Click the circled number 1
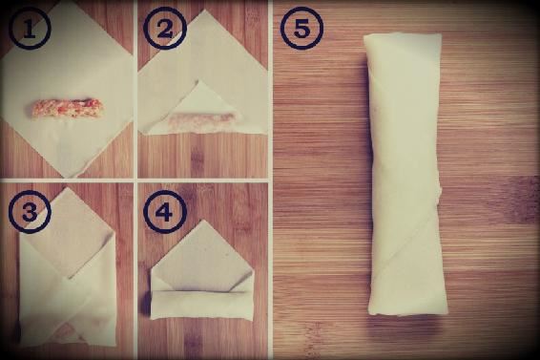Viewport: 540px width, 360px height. (x=30, y=29)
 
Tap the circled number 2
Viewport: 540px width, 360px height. (x=165, y=29)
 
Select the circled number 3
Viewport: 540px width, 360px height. (x=30, y=211)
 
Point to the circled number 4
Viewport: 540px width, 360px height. (x=165, y=211)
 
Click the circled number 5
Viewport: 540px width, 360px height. (x=301, y=29)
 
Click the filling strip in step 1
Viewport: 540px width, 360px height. (x=65, y=108)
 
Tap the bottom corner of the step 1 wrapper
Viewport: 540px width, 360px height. (x=68, y=178)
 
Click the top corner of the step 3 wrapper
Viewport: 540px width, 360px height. (x=66, y=188)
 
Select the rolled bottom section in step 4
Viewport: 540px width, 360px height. (x=201, y=305)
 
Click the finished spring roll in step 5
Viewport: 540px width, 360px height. (x=405, y=174)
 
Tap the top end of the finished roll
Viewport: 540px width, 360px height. (x=403, y=34)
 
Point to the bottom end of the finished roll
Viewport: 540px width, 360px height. (x=408, y=313)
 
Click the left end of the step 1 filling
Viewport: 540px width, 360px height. (x=29, y=109)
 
